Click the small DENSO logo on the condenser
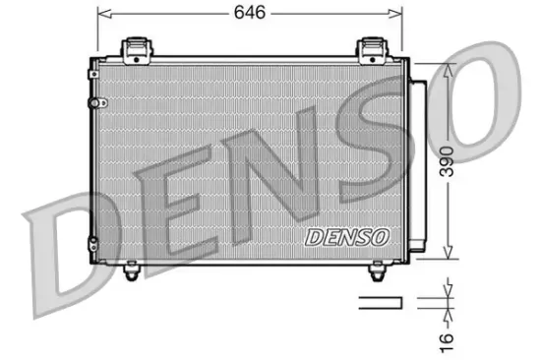click(347, 236)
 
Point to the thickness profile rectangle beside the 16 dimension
click(380, 302)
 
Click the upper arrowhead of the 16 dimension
click(449, 292)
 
